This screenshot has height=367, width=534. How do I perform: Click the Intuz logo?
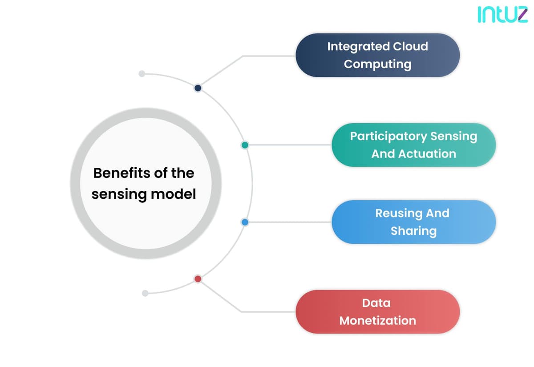pyautogui.click(x=502, y=15)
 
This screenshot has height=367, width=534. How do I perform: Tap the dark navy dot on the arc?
pyautogui.click(x=198, y=88)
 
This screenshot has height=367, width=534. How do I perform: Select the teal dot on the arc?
pyautogui.click(x=245, y=145)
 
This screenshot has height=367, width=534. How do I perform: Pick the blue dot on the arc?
pyautogui.click(x=245, y=222)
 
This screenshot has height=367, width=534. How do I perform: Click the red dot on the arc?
pyautogui.click(x=198, y=279)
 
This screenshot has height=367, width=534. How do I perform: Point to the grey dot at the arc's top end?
pyautogui.click(x=142, y=74)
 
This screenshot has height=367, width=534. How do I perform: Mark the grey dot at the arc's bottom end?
pyautogui.click(x=145, y=293)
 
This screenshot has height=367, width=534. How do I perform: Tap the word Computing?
pyautogui.click(x=378, y=65)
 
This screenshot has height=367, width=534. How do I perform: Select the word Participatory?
pyautogui.click(x=388, y=137)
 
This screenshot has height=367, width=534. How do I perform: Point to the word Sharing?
pyautogui.click(x=413, y=231)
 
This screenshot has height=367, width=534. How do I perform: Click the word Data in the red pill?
pyautogui.click(x=376, y=303)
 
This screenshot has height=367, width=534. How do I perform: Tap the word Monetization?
pyautogui.click(x=378, y=321)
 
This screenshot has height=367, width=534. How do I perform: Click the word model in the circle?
pyautogui.click(x=174, y=194)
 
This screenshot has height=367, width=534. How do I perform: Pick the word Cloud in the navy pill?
pyautogui.click(x=410, y=46)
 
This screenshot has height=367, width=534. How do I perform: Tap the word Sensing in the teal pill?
pyautogui.click(x=453, y=137)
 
